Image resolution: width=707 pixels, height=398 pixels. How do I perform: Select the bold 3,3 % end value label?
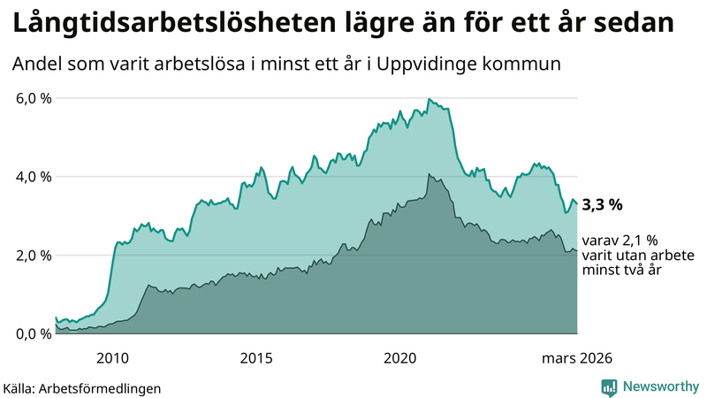(602, 204)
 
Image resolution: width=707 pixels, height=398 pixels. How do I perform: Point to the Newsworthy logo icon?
(609, 387)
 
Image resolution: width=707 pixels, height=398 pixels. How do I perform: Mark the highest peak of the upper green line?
(428, 99)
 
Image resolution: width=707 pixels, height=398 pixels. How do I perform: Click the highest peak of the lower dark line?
(428, 174)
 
